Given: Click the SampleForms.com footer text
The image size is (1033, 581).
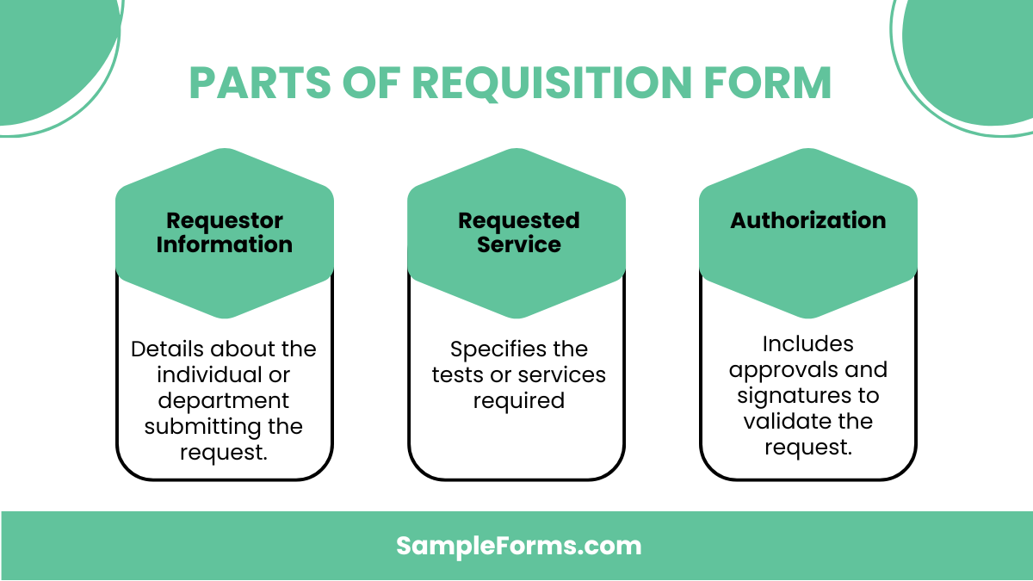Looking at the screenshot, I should tap(518, 546).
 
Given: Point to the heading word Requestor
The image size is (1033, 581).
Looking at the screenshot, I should tap(225, 221).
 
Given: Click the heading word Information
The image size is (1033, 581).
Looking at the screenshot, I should tap(225, 244).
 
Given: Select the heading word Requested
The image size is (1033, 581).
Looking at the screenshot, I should tap(518, 221).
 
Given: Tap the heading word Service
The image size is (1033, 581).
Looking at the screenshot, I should tap(518, 244).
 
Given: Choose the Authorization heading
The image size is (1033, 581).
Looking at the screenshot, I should tap(808, 220).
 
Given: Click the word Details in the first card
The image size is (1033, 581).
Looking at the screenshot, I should tap(166, 349).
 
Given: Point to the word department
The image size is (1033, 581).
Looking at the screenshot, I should tap(224, 401).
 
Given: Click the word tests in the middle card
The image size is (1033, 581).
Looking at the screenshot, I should tap(455, 375).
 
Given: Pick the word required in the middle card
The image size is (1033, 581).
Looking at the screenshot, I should tap(518, 401).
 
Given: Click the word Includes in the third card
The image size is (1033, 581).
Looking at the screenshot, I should tap(808, 344).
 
